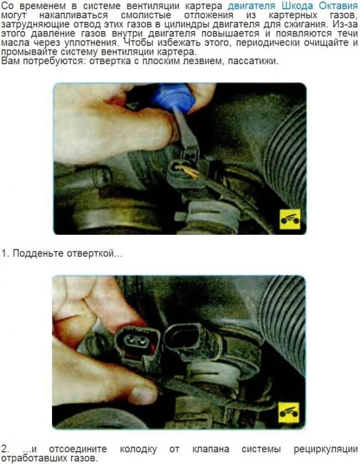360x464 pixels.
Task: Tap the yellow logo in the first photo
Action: pos(290,219)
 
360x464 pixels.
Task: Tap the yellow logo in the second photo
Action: pos(289,412)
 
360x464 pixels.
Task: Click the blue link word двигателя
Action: pos(251,6)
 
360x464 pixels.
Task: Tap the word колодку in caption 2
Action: pos(138,449)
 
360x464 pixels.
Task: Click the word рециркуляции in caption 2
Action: pos(326,449)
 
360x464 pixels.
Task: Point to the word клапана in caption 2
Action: pos(211,449)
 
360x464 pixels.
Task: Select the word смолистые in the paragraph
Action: pos(146,15)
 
